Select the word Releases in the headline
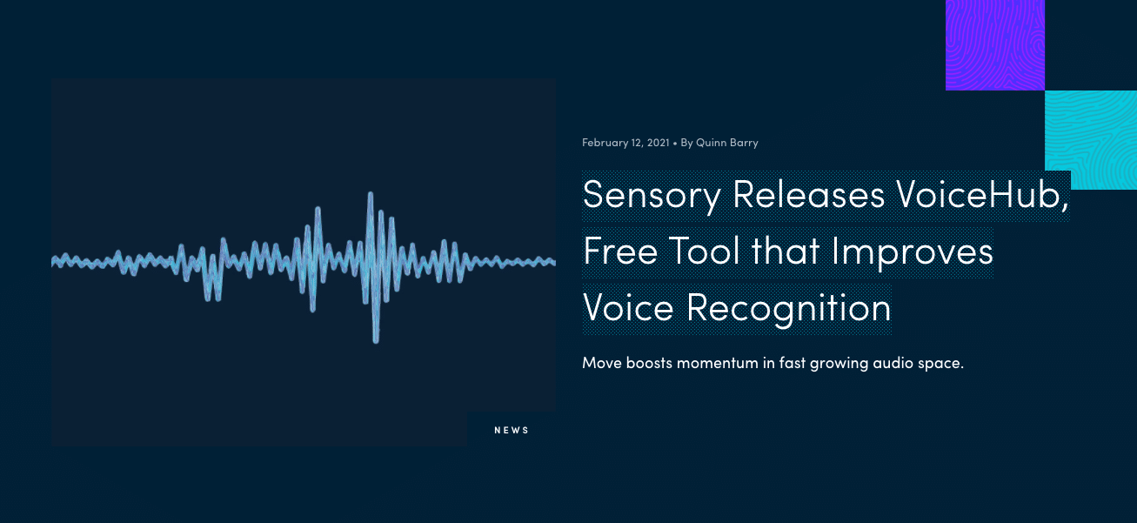808,194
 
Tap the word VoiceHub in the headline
982,194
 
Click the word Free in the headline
620,251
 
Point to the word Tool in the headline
705,251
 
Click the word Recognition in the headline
789,309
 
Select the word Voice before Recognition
628,307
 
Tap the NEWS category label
512,430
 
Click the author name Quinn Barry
727,143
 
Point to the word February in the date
605,143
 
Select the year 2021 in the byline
659,143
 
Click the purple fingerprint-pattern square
995,45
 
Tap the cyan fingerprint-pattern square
1091,139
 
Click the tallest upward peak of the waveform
371,193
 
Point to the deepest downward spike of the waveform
376,342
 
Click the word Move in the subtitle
602,363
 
